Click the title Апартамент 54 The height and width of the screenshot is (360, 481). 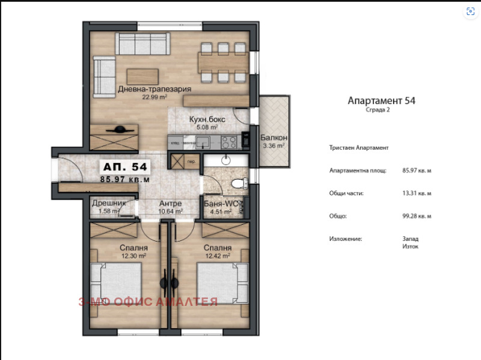click(x=381, y=101)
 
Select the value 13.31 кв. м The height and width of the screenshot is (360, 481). click(x=417, y=193)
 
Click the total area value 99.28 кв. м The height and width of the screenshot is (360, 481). click(x=417, y=216)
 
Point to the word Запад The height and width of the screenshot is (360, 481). click(x=411, y=239)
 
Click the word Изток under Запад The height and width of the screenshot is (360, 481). click(x=410, y=246)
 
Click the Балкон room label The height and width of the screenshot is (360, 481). click(x=272, y=138)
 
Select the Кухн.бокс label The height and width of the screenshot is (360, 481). click(x=207, y=119)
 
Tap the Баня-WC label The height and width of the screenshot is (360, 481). click(x=220, y=203)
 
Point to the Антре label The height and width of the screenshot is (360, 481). click(x=170, y=203)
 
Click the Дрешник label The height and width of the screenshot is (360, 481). click(x=109, y=203)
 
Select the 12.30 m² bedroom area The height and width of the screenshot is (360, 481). click(x=133, y=255)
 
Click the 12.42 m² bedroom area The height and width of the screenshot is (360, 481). click(x=218, y=255)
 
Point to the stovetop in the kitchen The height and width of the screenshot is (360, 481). click(x=228, y=142)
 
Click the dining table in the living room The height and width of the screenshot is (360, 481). click(x=223, y=61)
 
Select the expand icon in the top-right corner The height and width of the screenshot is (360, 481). click(x=470, y=12)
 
